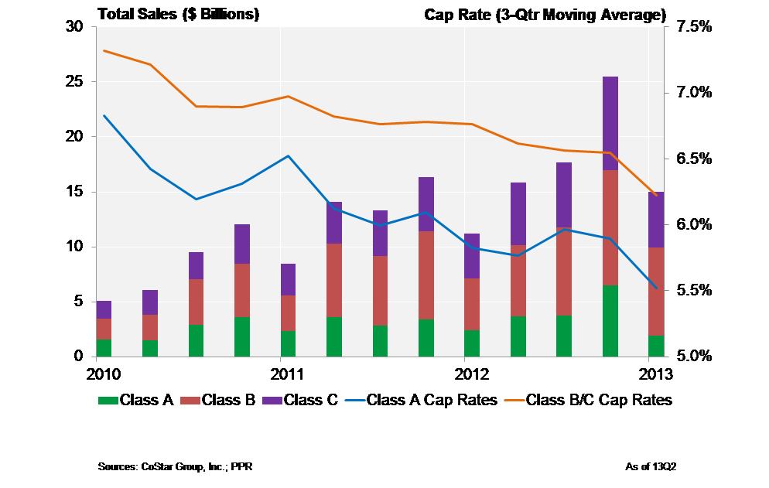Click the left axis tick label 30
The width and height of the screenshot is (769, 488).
pyautogui.click(x=75, y=27)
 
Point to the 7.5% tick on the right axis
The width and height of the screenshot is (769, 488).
pyautogui.click(x=695, y=27)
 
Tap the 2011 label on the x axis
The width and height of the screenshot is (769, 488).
pyautogui.click(x=287, y=375)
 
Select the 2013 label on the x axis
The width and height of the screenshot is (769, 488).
pyautogui.click(x=655, y=375)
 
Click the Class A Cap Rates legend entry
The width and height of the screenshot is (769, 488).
pyautogui.click(x=422, y=401)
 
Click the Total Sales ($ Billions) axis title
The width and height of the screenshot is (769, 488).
pyautogui.click(x=178, y=14)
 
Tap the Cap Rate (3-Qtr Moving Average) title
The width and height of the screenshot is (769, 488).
pyautogui.click(x=545, y=14)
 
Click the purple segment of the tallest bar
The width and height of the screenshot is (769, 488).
pyautogui.click(x=610, y=123)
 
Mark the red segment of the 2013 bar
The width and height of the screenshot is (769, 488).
pyautogui.click(x=655, y=292)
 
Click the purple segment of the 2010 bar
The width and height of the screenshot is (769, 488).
pyautogui.click(x=104, y=309)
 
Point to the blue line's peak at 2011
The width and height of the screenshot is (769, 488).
pyautogui.click(x=288, y=156)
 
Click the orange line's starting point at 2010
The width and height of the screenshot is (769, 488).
pyautogui.click(x=104, y=51)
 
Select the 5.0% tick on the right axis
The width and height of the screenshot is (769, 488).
pyautogui.click(x=695, y=357)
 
